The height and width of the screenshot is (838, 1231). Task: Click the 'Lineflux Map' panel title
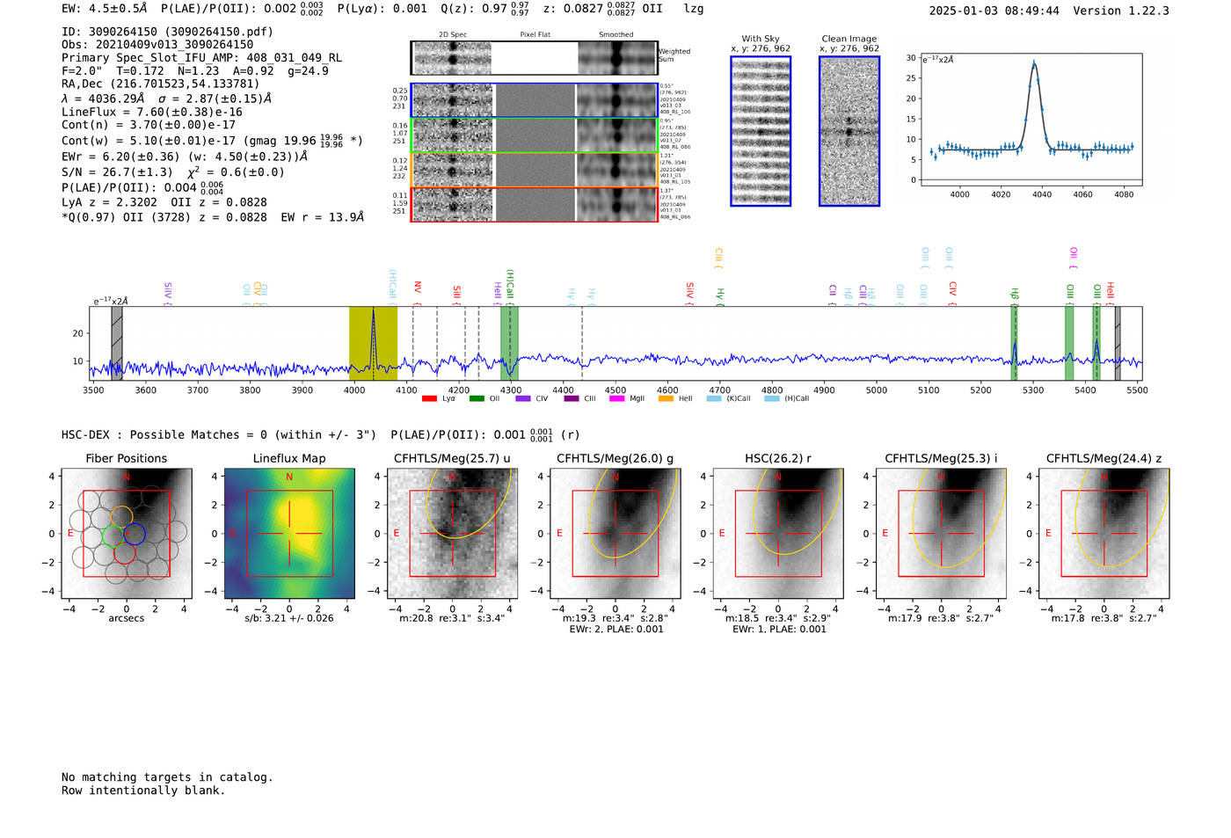(x=288, y=458)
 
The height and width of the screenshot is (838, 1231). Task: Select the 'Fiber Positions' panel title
(x=126, y=458)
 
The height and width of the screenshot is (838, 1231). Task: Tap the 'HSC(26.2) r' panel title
(x=777, y=458)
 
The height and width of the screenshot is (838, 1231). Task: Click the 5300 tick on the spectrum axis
(x=1033, y=390)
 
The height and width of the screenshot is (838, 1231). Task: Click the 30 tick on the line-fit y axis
(x=911, y=58)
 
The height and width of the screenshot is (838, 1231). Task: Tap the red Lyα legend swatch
(x=429, y=399)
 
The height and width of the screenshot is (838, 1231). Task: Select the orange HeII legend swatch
(x=666, y=399)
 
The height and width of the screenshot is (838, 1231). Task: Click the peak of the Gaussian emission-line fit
(x=1034, y=63)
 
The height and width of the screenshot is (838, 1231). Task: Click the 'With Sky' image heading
(x=761, y=39)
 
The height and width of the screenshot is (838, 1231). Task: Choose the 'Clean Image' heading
(x=849, y=39)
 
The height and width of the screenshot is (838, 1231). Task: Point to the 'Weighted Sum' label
(x=674, y=55)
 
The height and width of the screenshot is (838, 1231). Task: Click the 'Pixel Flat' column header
(x=535, y=35)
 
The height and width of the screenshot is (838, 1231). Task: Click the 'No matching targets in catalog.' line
(x=167, y=777)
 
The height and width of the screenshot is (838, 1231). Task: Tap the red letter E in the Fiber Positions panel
(x=71, y=534)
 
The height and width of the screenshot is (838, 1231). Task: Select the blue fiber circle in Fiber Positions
(x=135, y=534)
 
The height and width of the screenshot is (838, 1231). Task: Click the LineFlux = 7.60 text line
(x=151, y=112)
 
